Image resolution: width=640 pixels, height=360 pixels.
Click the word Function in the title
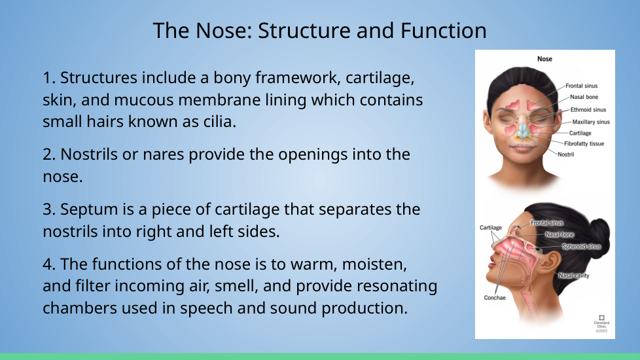pos(443,31)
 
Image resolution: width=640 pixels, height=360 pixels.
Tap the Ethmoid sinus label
pos(588,110)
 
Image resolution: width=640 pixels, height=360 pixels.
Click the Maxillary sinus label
pos(591,122)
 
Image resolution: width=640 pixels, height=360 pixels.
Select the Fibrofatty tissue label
pos(584,144)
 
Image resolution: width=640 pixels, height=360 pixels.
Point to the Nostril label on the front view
pos(565,154)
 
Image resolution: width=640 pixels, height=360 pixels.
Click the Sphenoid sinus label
pos(581,247)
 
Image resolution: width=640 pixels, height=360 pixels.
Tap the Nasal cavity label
pos(574,276)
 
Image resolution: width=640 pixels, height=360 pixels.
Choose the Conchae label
pos(495,298)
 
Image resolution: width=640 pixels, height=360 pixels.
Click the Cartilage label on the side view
pos(491,228)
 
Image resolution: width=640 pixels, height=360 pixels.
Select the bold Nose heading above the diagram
pos(544,59)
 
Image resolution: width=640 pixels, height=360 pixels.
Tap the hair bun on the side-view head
pos(599,235)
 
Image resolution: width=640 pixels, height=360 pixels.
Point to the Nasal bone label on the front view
pos(584,97)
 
